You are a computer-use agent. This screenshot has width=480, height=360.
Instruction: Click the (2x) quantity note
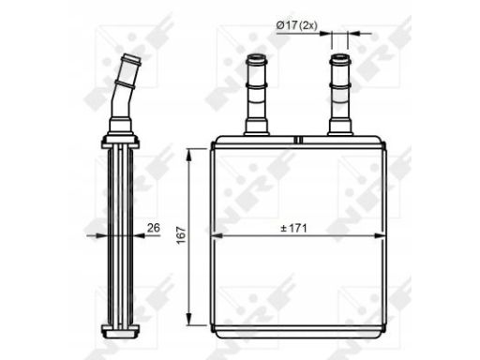tap(312, 24)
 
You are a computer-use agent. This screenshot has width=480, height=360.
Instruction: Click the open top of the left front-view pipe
tap(256, 59)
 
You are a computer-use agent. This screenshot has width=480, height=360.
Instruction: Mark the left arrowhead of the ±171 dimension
tap(216, 234)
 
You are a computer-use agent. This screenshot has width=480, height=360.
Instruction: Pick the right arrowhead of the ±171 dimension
tap(382, 234)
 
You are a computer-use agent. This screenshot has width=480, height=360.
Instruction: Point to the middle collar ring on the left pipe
tap(256, 91)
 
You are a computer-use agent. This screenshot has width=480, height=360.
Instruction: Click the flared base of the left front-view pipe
tap(256, 128)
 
